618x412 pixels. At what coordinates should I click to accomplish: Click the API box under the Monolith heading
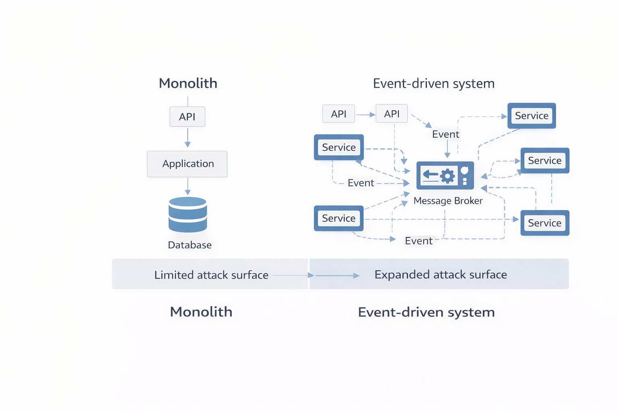pos(187,117)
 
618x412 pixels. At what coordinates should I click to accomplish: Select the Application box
pos(187,164)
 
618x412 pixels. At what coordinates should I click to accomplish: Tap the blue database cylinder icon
pos(187,214)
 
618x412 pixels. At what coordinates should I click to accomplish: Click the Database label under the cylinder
pos(190,245)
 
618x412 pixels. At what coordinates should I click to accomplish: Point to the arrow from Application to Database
pos(187,187)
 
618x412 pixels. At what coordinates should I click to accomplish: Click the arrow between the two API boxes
pos(365,115)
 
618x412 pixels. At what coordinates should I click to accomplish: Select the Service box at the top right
pos(531,116)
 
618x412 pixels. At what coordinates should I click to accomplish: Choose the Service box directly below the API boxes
pos(339,147)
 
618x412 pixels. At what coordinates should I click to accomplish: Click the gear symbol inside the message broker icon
pos(447,176)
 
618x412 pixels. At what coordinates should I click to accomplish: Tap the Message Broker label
pos(448,201)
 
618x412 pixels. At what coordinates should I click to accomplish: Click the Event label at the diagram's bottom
pos(418,241)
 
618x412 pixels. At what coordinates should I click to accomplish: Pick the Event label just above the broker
pos(445,134)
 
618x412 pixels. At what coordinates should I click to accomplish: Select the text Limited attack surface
pos(211,275)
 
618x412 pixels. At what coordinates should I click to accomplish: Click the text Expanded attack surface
pos(441,275)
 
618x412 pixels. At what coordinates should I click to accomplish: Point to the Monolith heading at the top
pos(188,83)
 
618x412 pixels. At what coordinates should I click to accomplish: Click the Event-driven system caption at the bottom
pos(426,312)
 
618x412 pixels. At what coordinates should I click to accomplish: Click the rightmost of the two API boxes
pos(391,114)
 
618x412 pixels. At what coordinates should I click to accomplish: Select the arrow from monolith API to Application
pos(187,138)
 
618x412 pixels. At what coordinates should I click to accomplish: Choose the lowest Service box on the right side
pos(544,223)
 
